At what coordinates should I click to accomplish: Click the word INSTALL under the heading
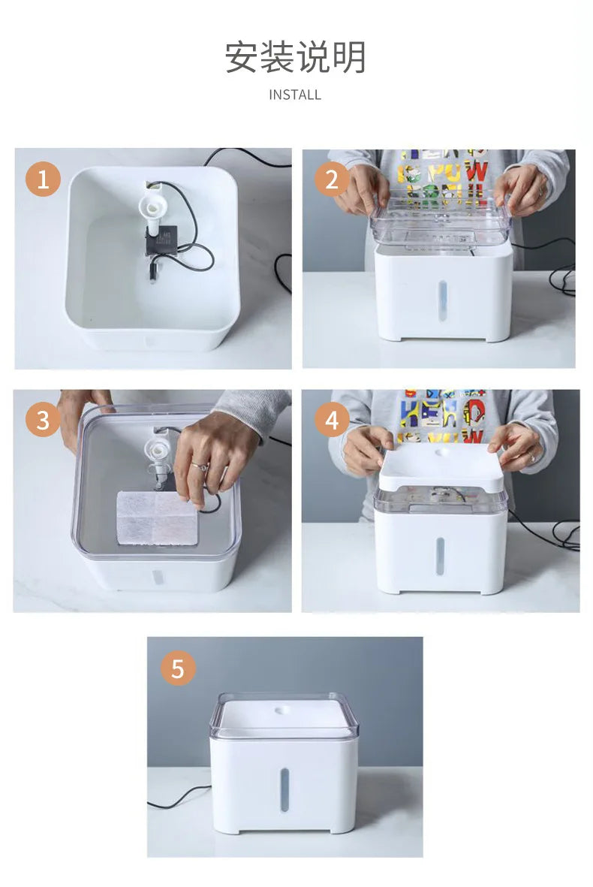tap(295, 95)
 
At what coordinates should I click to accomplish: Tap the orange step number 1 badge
tap(43, 180)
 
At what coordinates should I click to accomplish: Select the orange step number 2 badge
tap(332, 180)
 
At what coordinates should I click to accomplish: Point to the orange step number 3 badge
tap(43, 420)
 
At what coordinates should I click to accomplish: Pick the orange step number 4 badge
tap(332, 420)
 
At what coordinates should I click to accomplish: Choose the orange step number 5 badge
tap(178, 668)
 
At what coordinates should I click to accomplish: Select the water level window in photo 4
tap(440, 557)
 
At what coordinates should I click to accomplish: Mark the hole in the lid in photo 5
tap(284, 710)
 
